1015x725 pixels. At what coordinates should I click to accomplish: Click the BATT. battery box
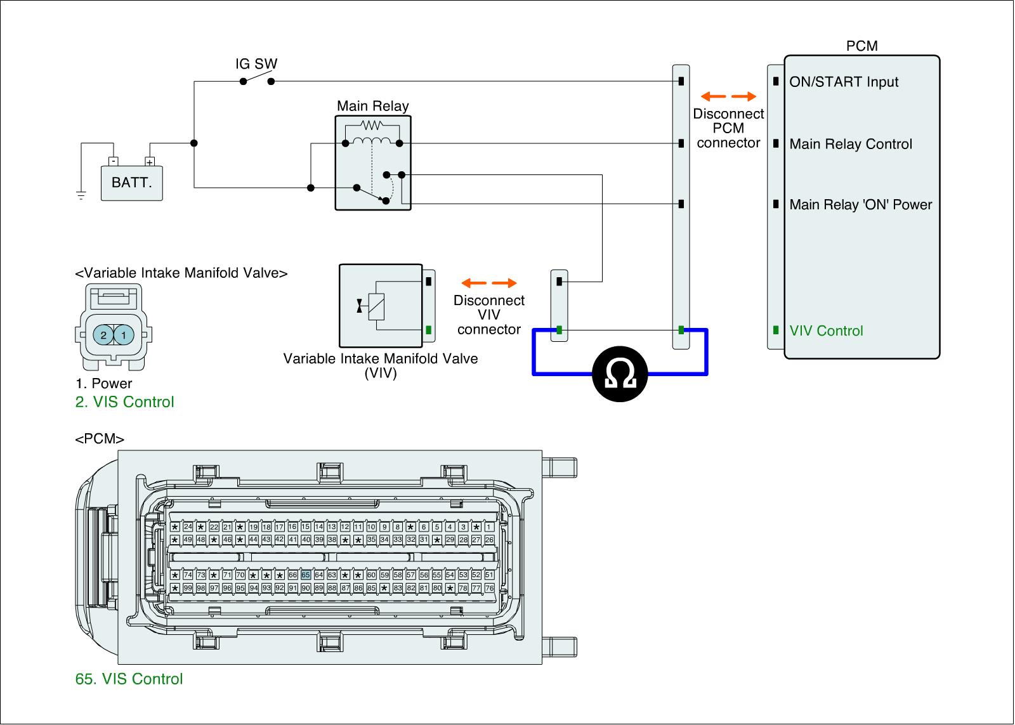132,183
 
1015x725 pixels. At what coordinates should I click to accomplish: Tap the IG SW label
256,64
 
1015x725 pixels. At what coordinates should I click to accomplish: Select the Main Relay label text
372,106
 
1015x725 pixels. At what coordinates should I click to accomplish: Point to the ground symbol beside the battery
81,195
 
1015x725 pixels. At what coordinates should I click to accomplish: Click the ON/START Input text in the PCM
844,82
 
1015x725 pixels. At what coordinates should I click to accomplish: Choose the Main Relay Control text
851,144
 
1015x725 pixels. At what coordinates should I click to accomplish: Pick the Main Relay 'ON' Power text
861,204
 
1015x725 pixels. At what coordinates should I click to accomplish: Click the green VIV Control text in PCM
826,330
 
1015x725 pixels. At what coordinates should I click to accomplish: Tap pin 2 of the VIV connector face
103,335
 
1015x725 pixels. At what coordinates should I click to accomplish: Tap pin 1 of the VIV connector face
124,335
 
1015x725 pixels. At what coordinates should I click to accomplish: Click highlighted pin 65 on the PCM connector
306,575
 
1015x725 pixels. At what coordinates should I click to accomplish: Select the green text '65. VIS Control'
129,679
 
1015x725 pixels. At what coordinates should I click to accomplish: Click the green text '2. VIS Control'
124,402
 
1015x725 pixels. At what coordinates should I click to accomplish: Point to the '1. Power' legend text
103,383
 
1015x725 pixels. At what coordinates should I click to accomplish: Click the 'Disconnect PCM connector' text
728,128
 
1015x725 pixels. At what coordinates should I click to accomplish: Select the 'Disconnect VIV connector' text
488,315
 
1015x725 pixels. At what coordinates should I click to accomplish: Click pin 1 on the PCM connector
489,527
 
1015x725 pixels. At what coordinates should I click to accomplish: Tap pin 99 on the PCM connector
188,588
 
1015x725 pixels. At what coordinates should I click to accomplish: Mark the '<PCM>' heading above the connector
100,439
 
